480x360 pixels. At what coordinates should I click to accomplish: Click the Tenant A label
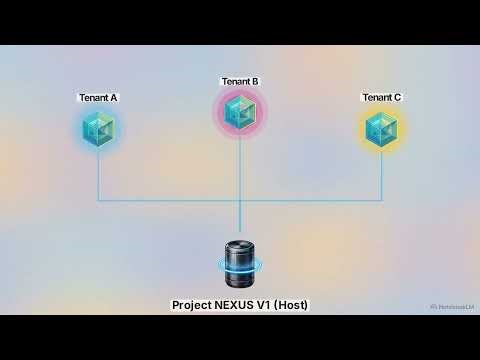click(98, 97)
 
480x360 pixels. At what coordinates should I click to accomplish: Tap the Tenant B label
click(240, 81)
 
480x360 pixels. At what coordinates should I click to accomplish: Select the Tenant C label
click(382, 97)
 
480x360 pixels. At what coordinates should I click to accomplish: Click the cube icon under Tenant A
click(99, 127)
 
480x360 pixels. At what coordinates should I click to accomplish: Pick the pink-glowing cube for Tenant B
click(240, 112)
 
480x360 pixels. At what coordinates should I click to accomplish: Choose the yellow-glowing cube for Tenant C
click(382, 127)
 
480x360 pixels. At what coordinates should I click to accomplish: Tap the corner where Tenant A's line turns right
click(99, 200)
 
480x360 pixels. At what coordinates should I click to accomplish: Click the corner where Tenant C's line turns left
click(382, 200)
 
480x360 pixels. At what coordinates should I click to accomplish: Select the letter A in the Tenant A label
click(114, 97)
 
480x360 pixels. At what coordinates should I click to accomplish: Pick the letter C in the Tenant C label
click(398, 97)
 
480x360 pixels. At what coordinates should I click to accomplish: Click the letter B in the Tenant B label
click(255, 81)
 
